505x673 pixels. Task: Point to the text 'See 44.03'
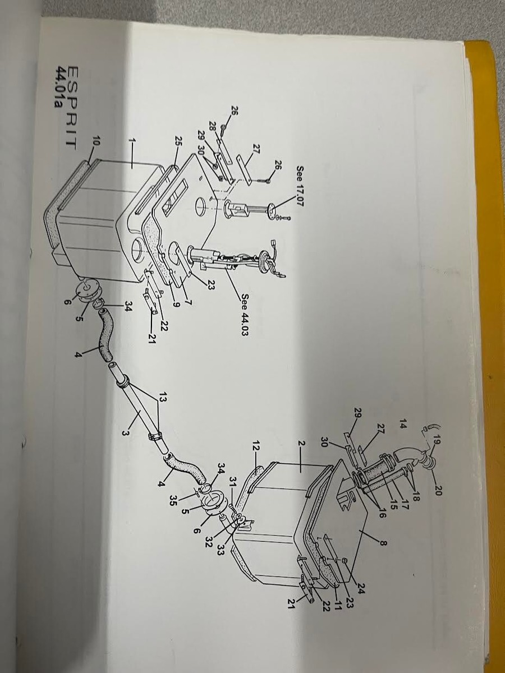[245, 315]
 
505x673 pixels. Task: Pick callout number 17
[405, 505]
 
